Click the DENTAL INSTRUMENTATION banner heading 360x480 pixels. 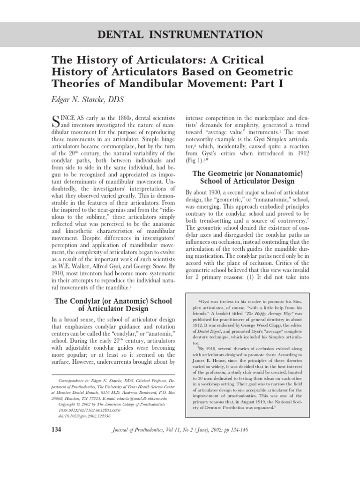(x=180, y=34)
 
